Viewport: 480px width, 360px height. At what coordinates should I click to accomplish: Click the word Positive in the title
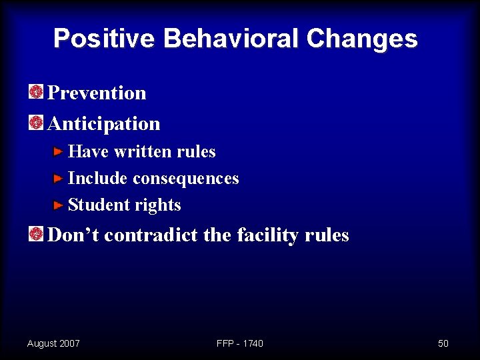[104, 39]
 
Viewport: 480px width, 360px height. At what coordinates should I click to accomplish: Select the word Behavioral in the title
[231, 39]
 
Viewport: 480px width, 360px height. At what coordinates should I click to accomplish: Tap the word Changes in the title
[362, 39]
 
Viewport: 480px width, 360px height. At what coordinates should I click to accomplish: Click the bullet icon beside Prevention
[36, 92]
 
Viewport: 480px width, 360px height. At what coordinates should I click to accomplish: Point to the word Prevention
[97, 93]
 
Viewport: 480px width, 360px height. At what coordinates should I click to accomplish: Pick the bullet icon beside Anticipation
[36, 123]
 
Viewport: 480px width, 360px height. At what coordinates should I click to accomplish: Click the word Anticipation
[105, 124]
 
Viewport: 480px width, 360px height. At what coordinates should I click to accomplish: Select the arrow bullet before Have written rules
[59, 152]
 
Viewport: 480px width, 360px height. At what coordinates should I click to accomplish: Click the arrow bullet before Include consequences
[59, 179]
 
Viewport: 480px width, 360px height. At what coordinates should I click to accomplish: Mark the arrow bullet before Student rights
[59, 205]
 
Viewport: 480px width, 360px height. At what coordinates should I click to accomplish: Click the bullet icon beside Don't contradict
[36, 234]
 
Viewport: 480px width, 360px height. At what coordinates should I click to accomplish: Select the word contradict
[150, 235]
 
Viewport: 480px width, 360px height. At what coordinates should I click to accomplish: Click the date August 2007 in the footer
[53, 343]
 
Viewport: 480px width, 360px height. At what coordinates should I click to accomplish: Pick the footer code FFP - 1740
[240, 343]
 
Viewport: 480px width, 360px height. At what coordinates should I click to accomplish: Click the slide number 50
[443, 343]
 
